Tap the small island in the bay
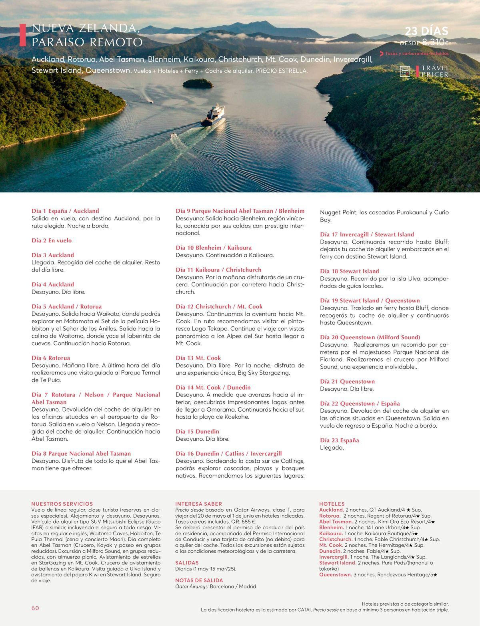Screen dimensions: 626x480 coord(198,83)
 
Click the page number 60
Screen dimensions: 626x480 coord(35,608)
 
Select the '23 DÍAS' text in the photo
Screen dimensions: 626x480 coord(426,31)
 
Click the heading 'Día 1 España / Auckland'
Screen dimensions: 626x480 coord(65,211)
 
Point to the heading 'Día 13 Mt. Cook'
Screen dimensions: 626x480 coord(198,358)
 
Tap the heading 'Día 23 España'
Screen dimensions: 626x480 coord(339,440)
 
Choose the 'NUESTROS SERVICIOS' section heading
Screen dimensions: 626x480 coord(62,504)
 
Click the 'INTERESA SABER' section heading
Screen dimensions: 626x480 coord(198,504)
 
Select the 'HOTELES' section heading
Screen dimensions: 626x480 coord(332,504)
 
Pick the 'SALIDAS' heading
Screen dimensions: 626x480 coord(187,562)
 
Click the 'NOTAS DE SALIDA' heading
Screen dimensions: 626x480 coord(199,580)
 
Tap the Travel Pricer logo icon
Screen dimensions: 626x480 coord(405,71)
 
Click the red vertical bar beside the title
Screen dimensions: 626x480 coord(23,36)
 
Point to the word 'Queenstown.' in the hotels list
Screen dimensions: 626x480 coord(335,574)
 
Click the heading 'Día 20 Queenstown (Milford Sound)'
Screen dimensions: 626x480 coord(370,337)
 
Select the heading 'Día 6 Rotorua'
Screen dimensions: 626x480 coord(51,358)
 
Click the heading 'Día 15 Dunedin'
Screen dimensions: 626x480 coord(197,431)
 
